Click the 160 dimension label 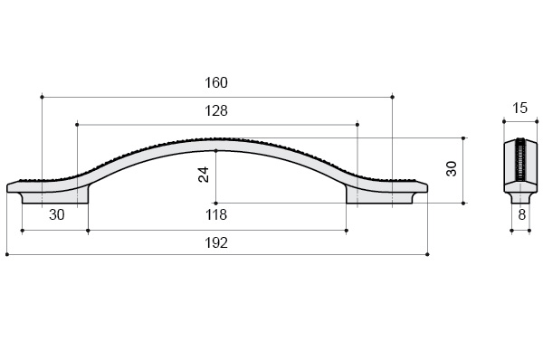tap(216, 82)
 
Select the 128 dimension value tap(216, 110)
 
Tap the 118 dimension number tap(216, 215)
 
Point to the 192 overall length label tap(216, 243)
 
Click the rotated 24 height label tap(204, 175)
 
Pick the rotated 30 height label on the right tap(452, 169)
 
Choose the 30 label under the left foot tap(57, 215)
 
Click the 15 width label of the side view tap(519, 108)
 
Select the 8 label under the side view tap(522, 215)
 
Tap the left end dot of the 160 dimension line tap(43, 98)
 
